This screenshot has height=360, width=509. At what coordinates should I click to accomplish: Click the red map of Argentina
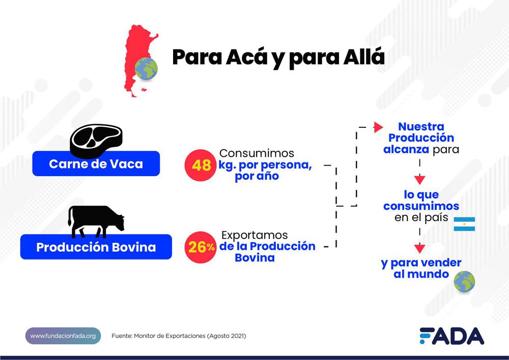(x=136, y=51)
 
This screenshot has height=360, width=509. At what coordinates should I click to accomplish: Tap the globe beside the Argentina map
(x=146, y=69)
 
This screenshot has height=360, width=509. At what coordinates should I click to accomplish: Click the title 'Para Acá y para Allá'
(x=278, y=57)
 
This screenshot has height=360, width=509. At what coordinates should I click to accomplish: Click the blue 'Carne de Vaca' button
(x=96, y=164)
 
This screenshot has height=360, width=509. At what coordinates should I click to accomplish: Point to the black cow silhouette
(x=96, y=221)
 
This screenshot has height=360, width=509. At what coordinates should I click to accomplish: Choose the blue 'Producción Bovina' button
(x=96, y=247)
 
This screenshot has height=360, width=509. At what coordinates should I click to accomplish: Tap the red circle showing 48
(x=201, y=165)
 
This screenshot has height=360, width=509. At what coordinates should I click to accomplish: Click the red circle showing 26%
(x=202, y=247)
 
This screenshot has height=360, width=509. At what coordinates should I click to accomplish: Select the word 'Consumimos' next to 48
(x=257, y=153)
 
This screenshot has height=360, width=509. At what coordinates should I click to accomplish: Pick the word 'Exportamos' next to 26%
(x=254, y=236)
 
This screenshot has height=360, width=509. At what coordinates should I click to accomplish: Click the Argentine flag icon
(x=464, y=224)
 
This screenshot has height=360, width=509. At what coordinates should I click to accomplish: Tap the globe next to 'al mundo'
(x=464, y=282)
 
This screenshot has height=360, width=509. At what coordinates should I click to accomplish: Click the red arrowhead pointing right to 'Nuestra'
(x=378, y=127)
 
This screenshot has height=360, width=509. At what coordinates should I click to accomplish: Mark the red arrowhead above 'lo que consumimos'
(x=419, y=179)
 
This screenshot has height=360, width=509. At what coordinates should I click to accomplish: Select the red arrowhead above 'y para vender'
(x=419, y=248)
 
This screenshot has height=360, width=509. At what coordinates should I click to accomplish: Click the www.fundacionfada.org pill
(x=63, y=336)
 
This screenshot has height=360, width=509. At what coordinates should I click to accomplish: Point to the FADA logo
(x=451, y=336)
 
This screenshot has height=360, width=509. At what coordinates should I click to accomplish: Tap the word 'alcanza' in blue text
(x=406, y=150)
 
